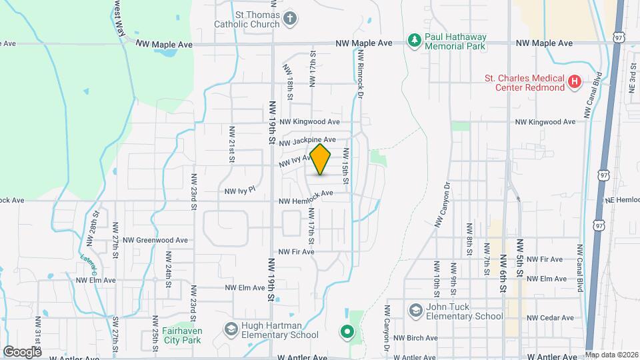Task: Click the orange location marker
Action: [x=321, y=159]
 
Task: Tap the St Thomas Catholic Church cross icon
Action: [x=289, y=17]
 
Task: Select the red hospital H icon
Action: [x=575, y=83]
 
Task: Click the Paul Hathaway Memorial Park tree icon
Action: [x=415, y=41]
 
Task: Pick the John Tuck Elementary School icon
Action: [x=416, y=311]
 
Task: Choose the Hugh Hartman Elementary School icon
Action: [x=231, y=329]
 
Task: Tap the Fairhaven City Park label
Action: [x=165, y=334]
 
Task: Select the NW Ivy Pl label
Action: [x=240, y=190]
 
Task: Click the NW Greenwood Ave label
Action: [x=155, y=240]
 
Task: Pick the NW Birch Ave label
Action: [x=415, y=337]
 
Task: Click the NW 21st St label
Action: [x=232, y=143]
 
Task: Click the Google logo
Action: [x=22, y=351]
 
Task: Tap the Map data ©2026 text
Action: [x=611, y=355]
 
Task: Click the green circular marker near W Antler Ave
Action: [x=346, y=331]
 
